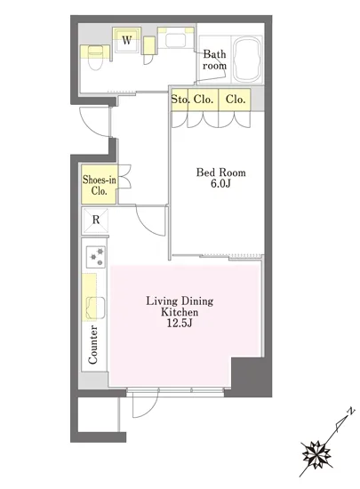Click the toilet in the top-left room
[x=95, y=57]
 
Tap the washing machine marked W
[x=126, y=40]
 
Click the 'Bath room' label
[x=214, y=60]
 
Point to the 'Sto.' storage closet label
[x=180, y=100]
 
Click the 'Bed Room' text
[x=220, y=172]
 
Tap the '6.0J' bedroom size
[x=220, y=183]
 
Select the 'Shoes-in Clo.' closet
[x=100, y=185]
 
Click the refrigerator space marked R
[x=96, y=220]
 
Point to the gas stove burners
[x=96, y=257]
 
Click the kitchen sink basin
[x=96, y=308]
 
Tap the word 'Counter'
[x=92, y=344]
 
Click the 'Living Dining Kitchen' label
[x=180, y=306]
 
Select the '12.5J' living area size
[x=180, y=323]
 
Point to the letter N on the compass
[x=351, y=411]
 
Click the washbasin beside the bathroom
[x=175, y=40]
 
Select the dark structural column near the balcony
[x=248, y=376]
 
